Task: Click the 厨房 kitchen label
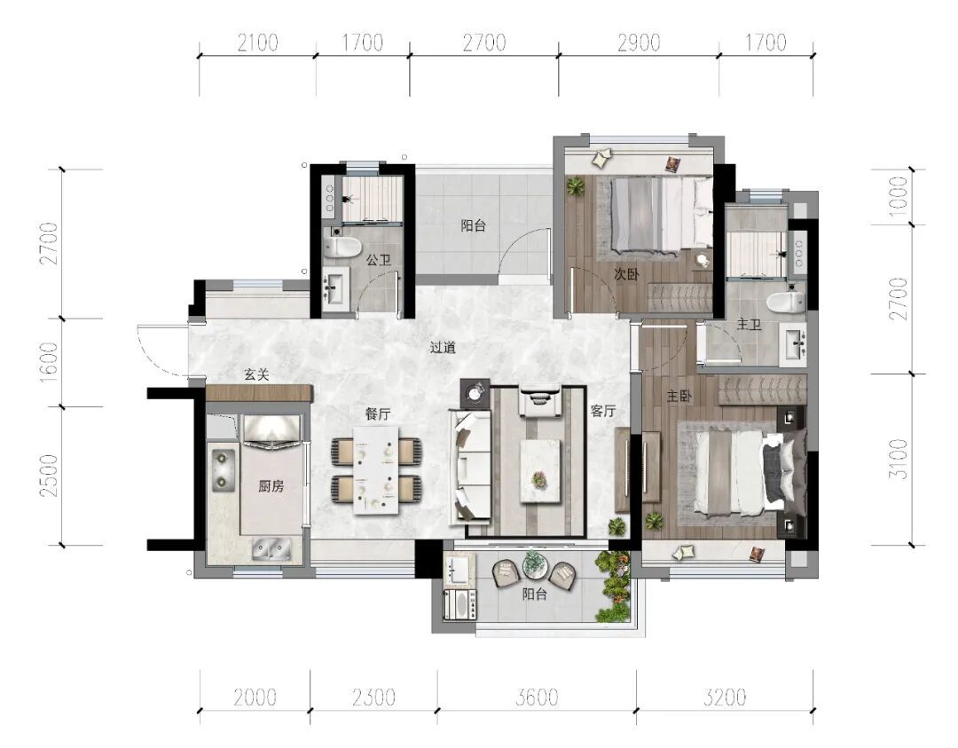271,486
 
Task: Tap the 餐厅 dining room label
378,413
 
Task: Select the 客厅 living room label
602,411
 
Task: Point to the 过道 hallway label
443,348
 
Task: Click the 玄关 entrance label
256,374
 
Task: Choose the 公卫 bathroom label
378,260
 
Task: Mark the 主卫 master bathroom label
749,325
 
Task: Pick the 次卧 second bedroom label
626,274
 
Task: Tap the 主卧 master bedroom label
679,397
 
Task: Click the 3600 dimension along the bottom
537,697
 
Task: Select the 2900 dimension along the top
639,43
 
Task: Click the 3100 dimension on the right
899,459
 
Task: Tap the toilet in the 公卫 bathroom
342,248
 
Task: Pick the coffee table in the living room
540,470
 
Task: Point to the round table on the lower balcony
533,566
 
